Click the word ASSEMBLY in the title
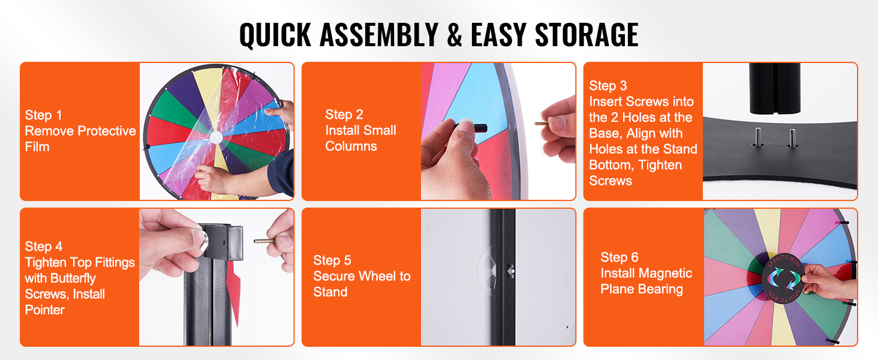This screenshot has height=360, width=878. coord(378,35)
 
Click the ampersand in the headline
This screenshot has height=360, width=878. coord(454,35)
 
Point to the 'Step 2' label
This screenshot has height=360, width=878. coord(344,115)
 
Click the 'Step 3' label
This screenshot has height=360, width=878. coord(608,85)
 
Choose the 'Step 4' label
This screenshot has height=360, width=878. coord(44,246)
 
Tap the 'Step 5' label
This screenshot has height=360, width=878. coord(332,260)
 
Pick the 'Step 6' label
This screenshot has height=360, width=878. coord(620,257)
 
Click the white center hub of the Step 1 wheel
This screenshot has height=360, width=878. coord(216,137)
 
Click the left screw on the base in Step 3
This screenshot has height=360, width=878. coord(758,137)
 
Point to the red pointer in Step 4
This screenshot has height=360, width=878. coord(234,292)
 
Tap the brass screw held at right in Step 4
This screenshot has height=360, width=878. coord(265,241)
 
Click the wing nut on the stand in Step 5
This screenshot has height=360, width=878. coord(510,271)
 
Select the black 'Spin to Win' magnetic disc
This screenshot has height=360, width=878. coord(783,278)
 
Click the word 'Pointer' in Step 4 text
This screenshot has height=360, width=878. coord(45,310)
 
